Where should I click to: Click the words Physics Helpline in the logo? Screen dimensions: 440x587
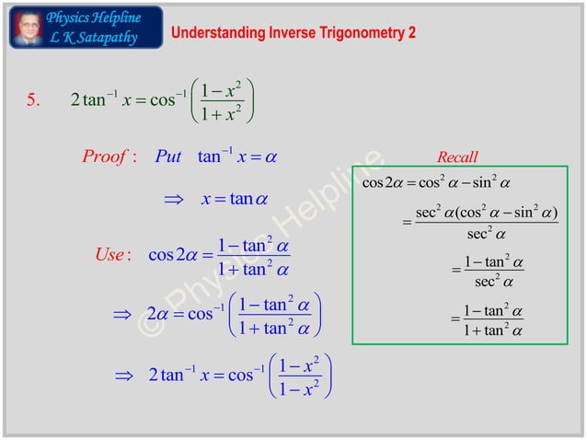pyautogui.click(x=93, y=17)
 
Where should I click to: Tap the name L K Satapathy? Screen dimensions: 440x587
pyautogui.click(x=92, y=38)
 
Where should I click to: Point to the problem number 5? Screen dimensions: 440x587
pyautogui.click(x=32, y=100)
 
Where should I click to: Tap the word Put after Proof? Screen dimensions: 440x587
pyautogui.click(x=168, y=156)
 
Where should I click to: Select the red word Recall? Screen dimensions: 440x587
pyautogui.click(x=457, y=157)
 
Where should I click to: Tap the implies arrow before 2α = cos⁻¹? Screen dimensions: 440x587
pyautogui.click(x=122, y=315)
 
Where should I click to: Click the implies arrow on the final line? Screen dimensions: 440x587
pyautogui.click(x=123, y=376)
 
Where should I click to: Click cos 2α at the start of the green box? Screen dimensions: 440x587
pyautogui.click(x=385, y=183)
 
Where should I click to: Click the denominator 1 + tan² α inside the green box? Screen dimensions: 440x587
pyautogui.click(x=493, y=330)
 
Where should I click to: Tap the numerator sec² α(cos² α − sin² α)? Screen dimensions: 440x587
pyautogui.click(x=487, y=213)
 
